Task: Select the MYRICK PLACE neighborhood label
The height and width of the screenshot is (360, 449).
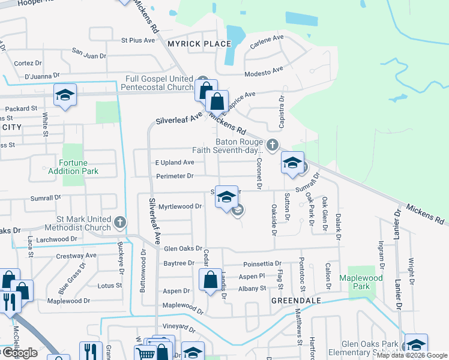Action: [191, 44]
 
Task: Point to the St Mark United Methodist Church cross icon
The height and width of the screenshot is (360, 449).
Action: [119, 223]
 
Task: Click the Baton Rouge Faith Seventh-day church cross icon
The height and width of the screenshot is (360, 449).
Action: [273, 144]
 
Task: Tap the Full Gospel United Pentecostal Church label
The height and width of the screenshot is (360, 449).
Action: [159, 83]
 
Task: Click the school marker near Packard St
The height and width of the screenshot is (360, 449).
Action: [65, 95]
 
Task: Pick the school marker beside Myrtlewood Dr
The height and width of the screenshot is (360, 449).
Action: [226, 197]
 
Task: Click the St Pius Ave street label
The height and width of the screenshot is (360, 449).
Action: [138, 41]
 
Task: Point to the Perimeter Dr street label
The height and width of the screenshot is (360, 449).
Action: [175, 176]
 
